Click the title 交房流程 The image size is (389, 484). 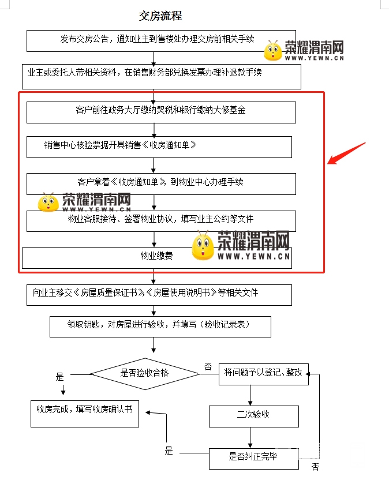(x=160, y=16)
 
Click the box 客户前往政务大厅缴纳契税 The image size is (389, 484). (x=161, y=111)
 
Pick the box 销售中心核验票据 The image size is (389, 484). (x=159, y=147)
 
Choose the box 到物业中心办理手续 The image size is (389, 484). (x=161, y=183)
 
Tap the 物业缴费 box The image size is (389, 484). (x=157, y=257)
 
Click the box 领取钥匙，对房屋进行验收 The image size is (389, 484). (x=160, y=326)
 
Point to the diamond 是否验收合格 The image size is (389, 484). (x=144, y=373)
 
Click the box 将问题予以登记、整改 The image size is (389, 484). (x=263, y=373)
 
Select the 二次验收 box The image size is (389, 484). (x=253, y=415)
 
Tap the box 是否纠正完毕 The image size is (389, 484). (x=253, y=457)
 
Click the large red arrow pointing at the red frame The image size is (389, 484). (x=346, y=153)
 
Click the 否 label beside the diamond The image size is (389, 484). (x=208, y=366)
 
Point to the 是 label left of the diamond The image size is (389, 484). (x=59, y=377)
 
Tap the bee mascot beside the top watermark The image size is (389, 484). (x=272, y=51)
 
